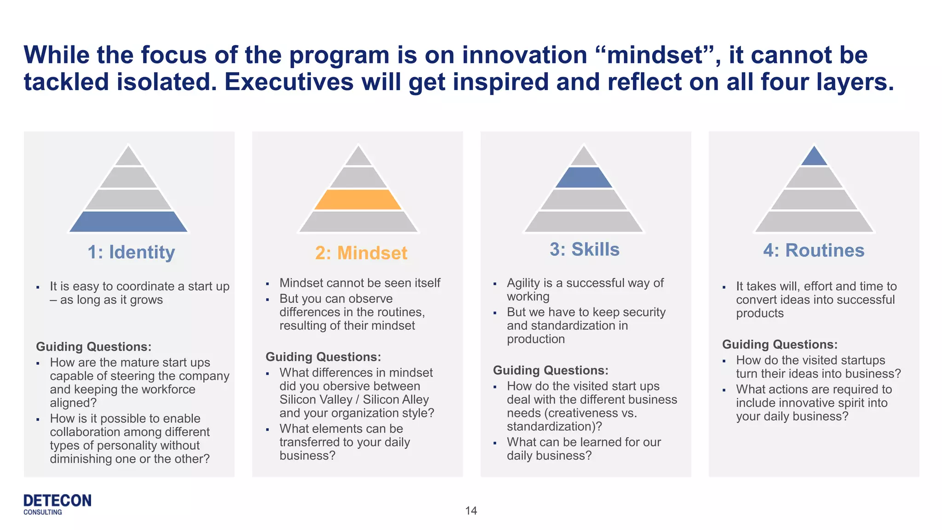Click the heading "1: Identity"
[131, 252]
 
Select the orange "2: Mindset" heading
[361, 253]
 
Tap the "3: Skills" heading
[584, 250]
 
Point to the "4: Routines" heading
[814, 251]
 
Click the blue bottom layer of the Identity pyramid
[128, 222]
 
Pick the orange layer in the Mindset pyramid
[358, 200]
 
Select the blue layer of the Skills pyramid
[584, 178]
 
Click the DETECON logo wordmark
[57, 501]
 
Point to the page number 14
[471, 511]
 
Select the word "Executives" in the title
[289, 82]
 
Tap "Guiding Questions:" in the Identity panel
[93, 347]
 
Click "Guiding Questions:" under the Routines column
[780, 344]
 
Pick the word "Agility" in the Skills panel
[523, 283]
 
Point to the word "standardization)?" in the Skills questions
[554, 427]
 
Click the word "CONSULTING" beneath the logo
[43, 512]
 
